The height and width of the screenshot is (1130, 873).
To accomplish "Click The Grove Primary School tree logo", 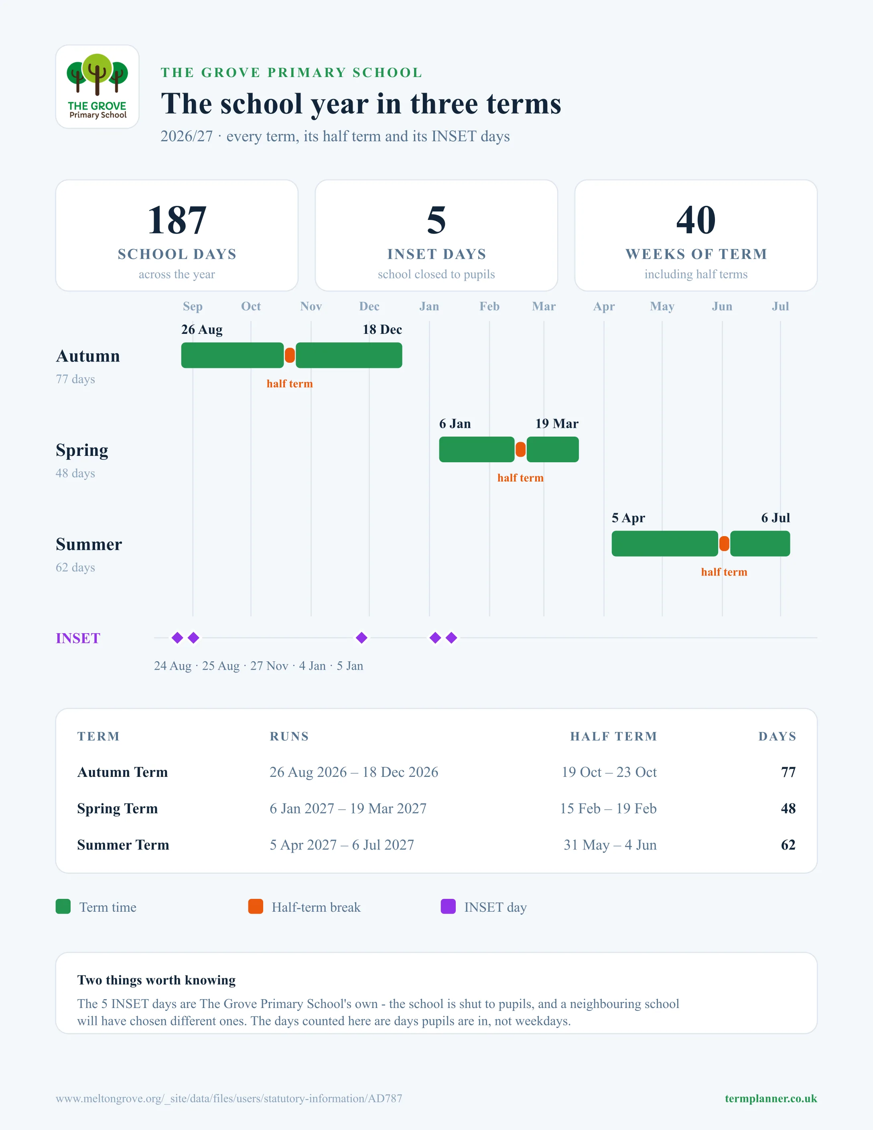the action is (x=97, y=86).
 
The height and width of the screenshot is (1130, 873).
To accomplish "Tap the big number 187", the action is (x=177, y=220).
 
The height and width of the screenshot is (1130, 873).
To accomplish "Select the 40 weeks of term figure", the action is (x=696, y=220).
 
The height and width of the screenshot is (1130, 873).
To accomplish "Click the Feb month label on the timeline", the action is (x=489, y=306).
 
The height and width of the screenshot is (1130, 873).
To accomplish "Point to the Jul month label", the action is (x=780, y=306).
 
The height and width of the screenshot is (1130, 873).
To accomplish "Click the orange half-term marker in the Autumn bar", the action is (x=290, y=356).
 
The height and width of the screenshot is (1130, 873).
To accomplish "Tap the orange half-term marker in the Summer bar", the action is (x=724, y=544).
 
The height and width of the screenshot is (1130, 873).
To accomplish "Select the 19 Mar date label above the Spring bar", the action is (x=556, y=424).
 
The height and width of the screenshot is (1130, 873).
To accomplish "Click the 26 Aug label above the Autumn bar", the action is (x=202, y=329).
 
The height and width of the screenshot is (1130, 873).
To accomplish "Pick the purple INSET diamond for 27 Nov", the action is (x=361, y=638).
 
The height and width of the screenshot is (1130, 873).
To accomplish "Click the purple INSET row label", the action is (x=78, y=638).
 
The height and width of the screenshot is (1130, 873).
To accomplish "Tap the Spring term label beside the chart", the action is (x=82, y=450).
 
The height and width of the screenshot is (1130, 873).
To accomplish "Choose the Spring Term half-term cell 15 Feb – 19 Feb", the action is (x=608, y=808).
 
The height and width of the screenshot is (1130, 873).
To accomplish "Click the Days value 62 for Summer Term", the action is (x=788, y=845).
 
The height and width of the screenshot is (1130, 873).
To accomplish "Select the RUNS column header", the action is (x=289, y=736).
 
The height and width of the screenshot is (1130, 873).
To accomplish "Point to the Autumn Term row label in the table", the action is (x=123, y=772).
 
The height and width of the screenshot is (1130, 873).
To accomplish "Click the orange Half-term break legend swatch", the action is (x=256, y=906).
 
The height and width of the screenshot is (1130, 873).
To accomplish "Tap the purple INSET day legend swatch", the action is (x=448, y=906).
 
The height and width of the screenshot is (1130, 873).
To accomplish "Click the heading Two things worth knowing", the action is (x=156, y=980).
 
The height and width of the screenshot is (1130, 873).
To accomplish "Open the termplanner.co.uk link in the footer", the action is (x=771, y=1098).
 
